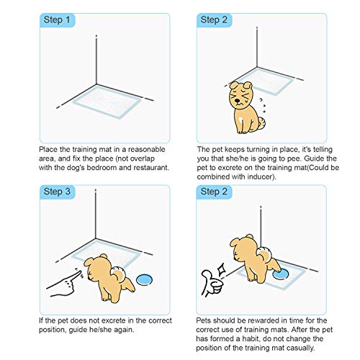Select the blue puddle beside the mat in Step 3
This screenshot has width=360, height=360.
(145, 277)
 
